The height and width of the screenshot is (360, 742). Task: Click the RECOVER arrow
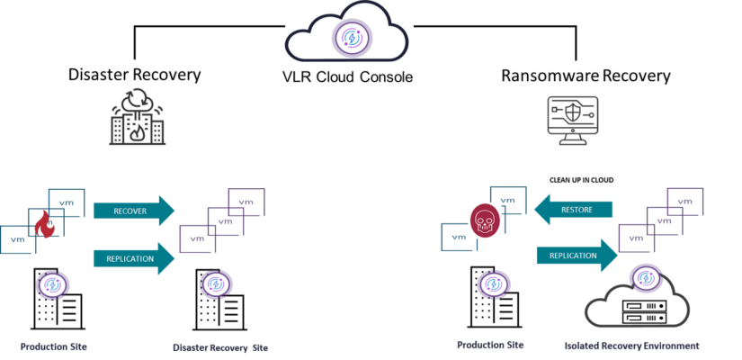point(134,211)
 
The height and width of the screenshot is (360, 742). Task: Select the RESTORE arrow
point(573,209)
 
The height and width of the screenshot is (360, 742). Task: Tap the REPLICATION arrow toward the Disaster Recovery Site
point(134,258)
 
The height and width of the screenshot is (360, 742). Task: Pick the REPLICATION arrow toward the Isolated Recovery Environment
point(577,256)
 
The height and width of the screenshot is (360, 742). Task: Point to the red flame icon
point(45,224)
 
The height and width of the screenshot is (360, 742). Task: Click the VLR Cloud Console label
point(347,76)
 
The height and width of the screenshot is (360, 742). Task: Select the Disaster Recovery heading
point(135,75)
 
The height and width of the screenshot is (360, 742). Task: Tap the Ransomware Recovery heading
point(586,76)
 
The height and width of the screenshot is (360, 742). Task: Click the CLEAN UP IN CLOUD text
point(581,181)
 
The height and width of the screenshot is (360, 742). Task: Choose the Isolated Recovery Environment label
point(631,346)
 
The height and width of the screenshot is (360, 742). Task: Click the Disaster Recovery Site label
point(220,348)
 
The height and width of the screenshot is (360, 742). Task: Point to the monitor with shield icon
point(573,121)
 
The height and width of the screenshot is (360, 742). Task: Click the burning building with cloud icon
point(138,118)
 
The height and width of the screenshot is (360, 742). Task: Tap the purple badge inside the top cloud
point(352,37)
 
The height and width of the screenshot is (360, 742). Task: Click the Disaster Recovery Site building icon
point(219,300)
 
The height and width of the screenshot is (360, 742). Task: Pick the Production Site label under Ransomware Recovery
point(490,345)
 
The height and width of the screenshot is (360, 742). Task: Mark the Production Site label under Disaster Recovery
point(53,346)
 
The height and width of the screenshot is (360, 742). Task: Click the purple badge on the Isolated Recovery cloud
point(646,278)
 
